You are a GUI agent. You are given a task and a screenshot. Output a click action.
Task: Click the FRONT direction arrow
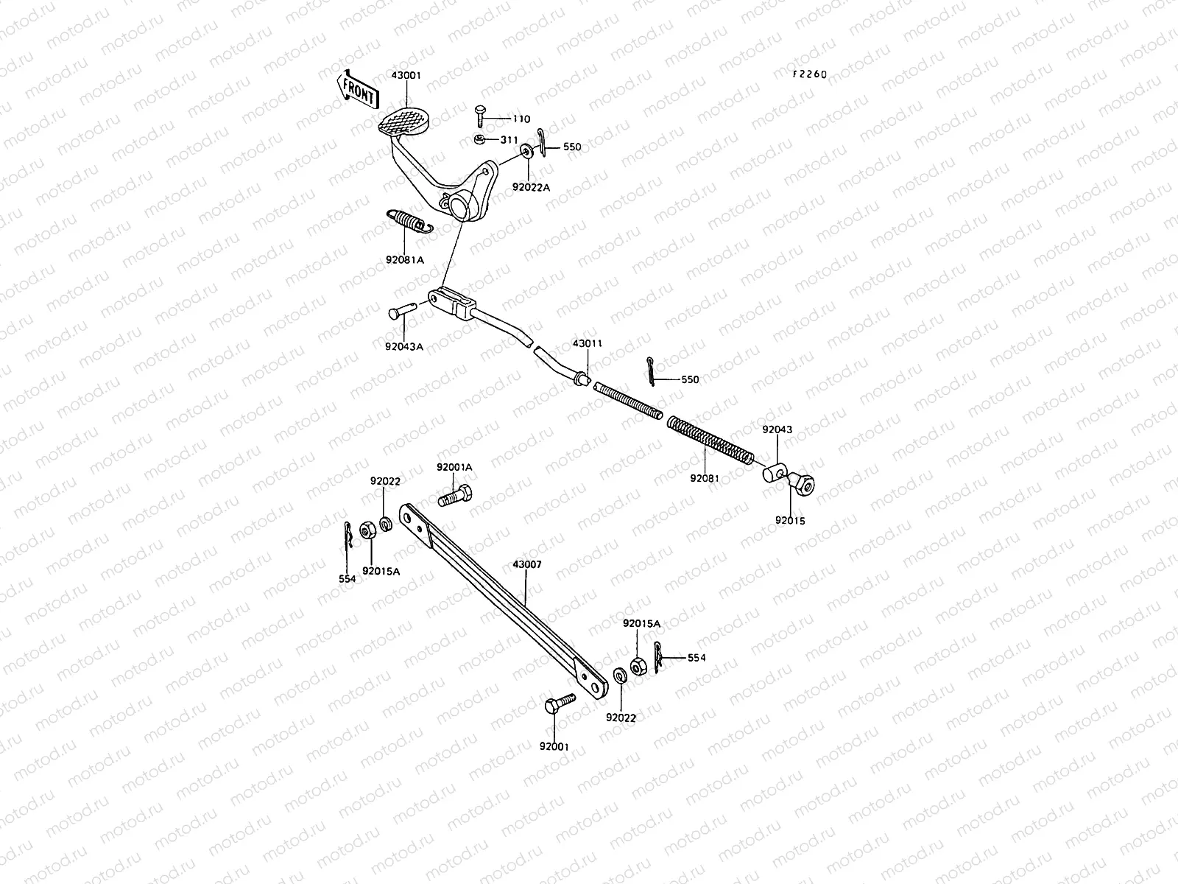(357, 88)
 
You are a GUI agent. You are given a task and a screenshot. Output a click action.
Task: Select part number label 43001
(406, 76)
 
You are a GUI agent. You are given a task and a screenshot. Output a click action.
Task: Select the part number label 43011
(588, 343)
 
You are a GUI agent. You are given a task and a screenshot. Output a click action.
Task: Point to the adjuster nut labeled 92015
(805, 483)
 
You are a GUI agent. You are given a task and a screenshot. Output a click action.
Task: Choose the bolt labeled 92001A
(456, 496)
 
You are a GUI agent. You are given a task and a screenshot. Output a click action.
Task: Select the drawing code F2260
(809, 74)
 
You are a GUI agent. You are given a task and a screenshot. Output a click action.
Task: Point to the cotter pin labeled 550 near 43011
(652, 371)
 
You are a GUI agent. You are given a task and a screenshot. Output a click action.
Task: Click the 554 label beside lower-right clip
(696, 658)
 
